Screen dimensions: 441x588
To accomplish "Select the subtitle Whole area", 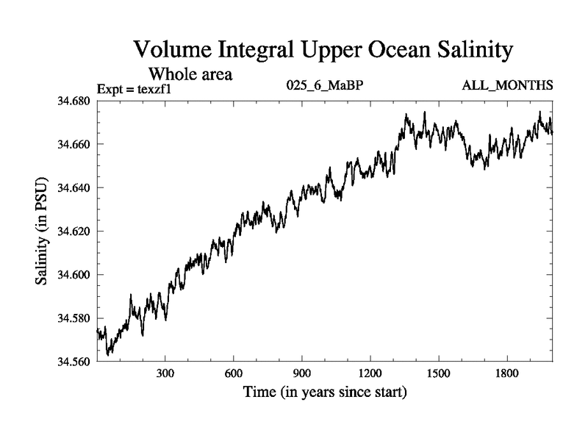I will [x=192, y=74].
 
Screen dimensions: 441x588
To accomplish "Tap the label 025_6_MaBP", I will [x=325, y=86].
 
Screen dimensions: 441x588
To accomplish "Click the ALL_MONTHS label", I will [x=507, y=86].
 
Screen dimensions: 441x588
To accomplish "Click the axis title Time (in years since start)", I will [x=325, y=393].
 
